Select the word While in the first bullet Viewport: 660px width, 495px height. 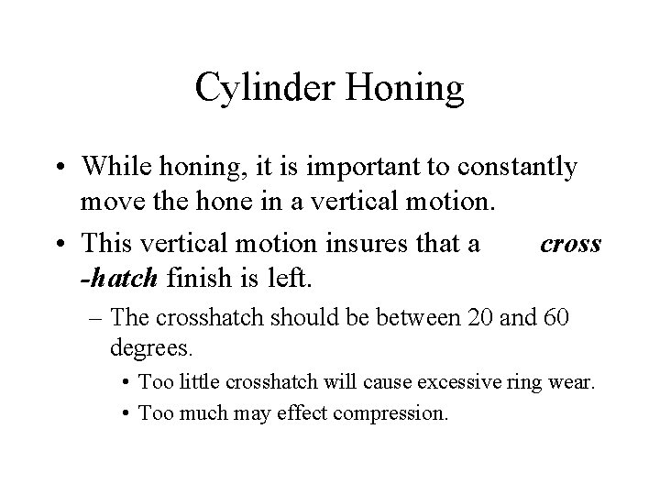(x=112, y=168)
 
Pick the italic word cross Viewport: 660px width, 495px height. (x=570, y=246)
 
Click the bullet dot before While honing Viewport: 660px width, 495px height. (x=63, y=168)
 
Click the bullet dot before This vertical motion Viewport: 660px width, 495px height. (x=63, y=246)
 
